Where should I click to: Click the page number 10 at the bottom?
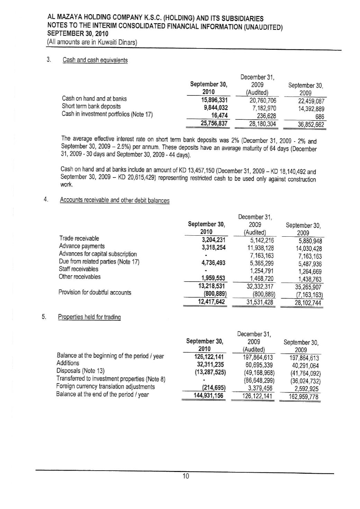click(x=186, y=476)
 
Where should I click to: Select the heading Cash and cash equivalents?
click(x=95, y=60)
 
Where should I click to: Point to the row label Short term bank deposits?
click(x=91, y=106)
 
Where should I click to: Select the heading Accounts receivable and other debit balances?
click(x=115, y=200)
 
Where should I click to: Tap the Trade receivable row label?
click(x=79, y=238)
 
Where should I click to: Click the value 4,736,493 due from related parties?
click(x=211, y=263)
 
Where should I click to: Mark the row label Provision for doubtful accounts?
click(x=95, y=292)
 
